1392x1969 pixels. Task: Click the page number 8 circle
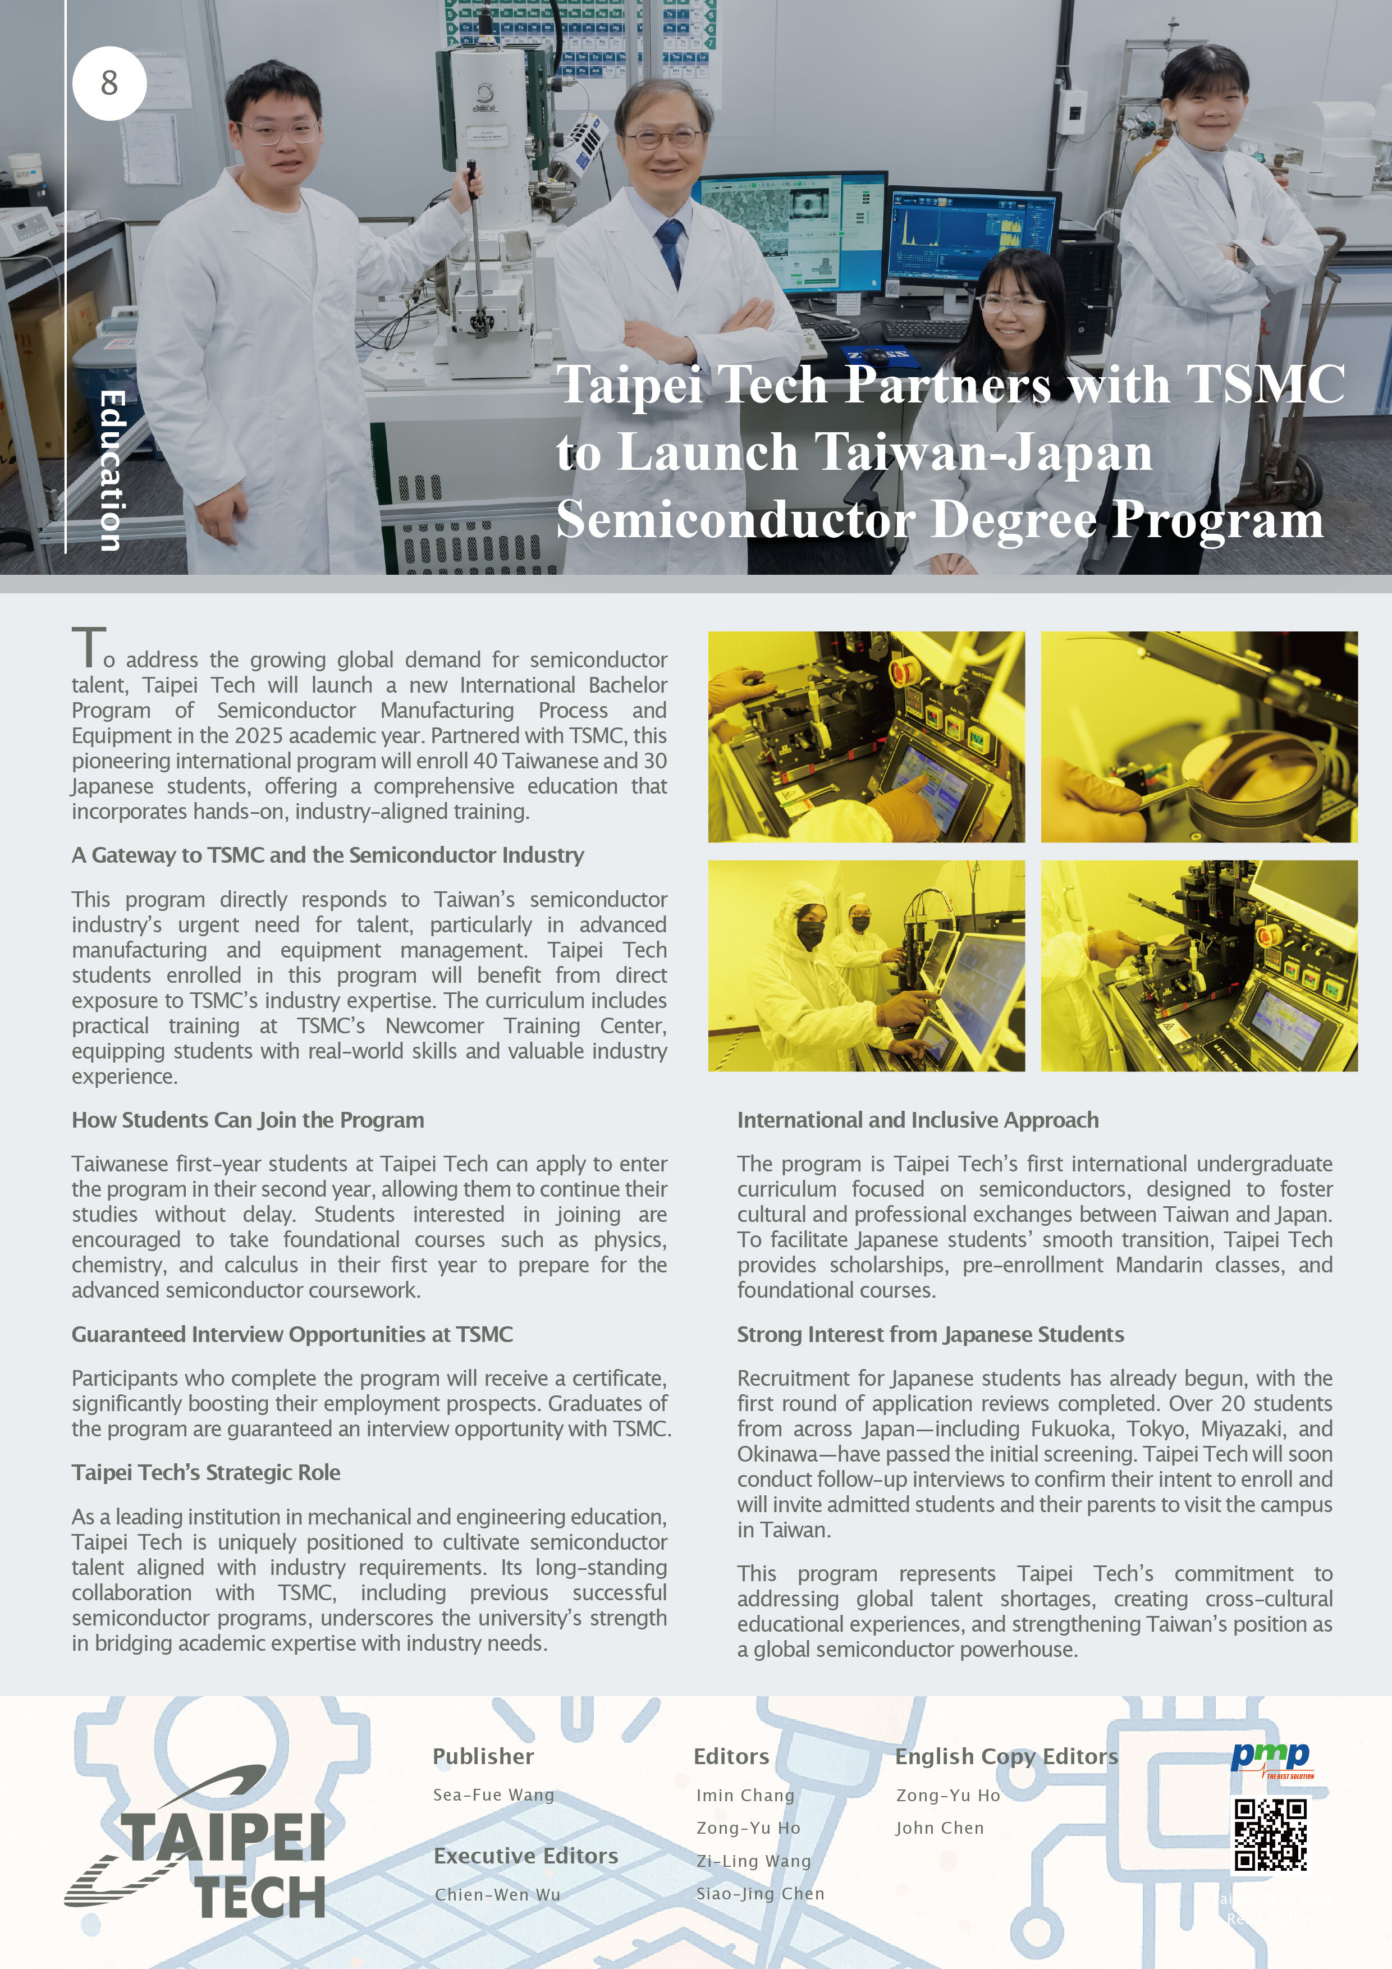(109, 83)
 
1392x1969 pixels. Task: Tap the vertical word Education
(112, 470)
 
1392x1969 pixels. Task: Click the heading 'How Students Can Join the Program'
(248, 1120)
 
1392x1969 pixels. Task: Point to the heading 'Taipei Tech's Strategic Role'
(206, 1472)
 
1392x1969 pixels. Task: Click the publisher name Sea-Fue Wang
(494, 1795)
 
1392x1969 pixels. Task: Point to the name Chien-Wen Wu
(497, 1894)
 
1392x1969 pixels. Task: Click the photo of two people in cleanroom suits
(866, 965)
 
